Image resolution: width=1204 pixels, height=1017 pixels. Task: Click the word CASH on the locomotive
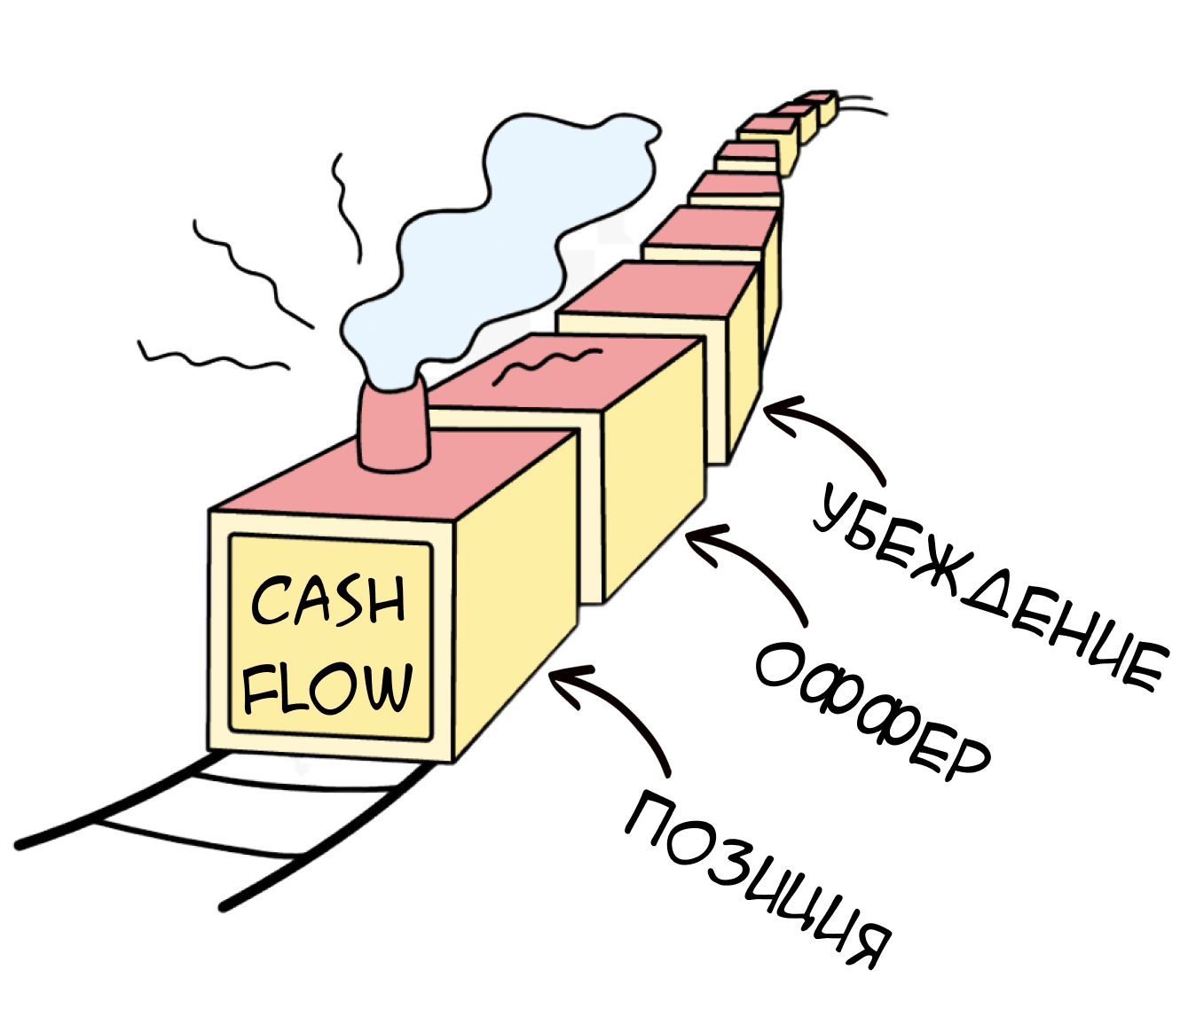click(x=329, y=600)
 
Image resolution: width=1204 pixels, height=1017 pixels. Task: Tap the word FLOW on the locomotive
click(x=329, y=687)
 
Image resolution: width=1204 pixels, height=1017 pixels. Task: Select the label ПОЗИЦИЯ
click(x=759, y=878)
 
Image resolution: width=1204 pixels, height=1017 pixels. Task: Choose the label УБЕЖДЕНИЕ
click(x=989, y=586)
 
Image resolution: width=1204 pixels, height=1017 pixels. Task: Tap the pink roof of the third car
click(x=657, y=288)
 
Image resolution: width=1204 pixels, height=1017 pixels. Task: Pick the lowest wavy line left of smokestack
click(x=213, y=356)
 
